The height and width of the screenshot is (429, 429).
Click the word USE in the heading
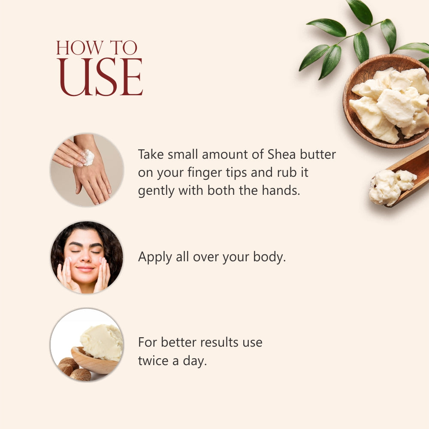100,77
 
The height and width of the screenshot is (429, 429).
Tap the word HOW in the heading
76,48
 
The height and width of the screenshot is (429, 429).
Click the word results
213,342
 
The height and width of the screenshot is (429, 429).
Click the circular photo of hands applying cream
87,169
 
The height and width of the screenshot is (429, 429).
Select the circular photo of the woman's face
87,257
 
